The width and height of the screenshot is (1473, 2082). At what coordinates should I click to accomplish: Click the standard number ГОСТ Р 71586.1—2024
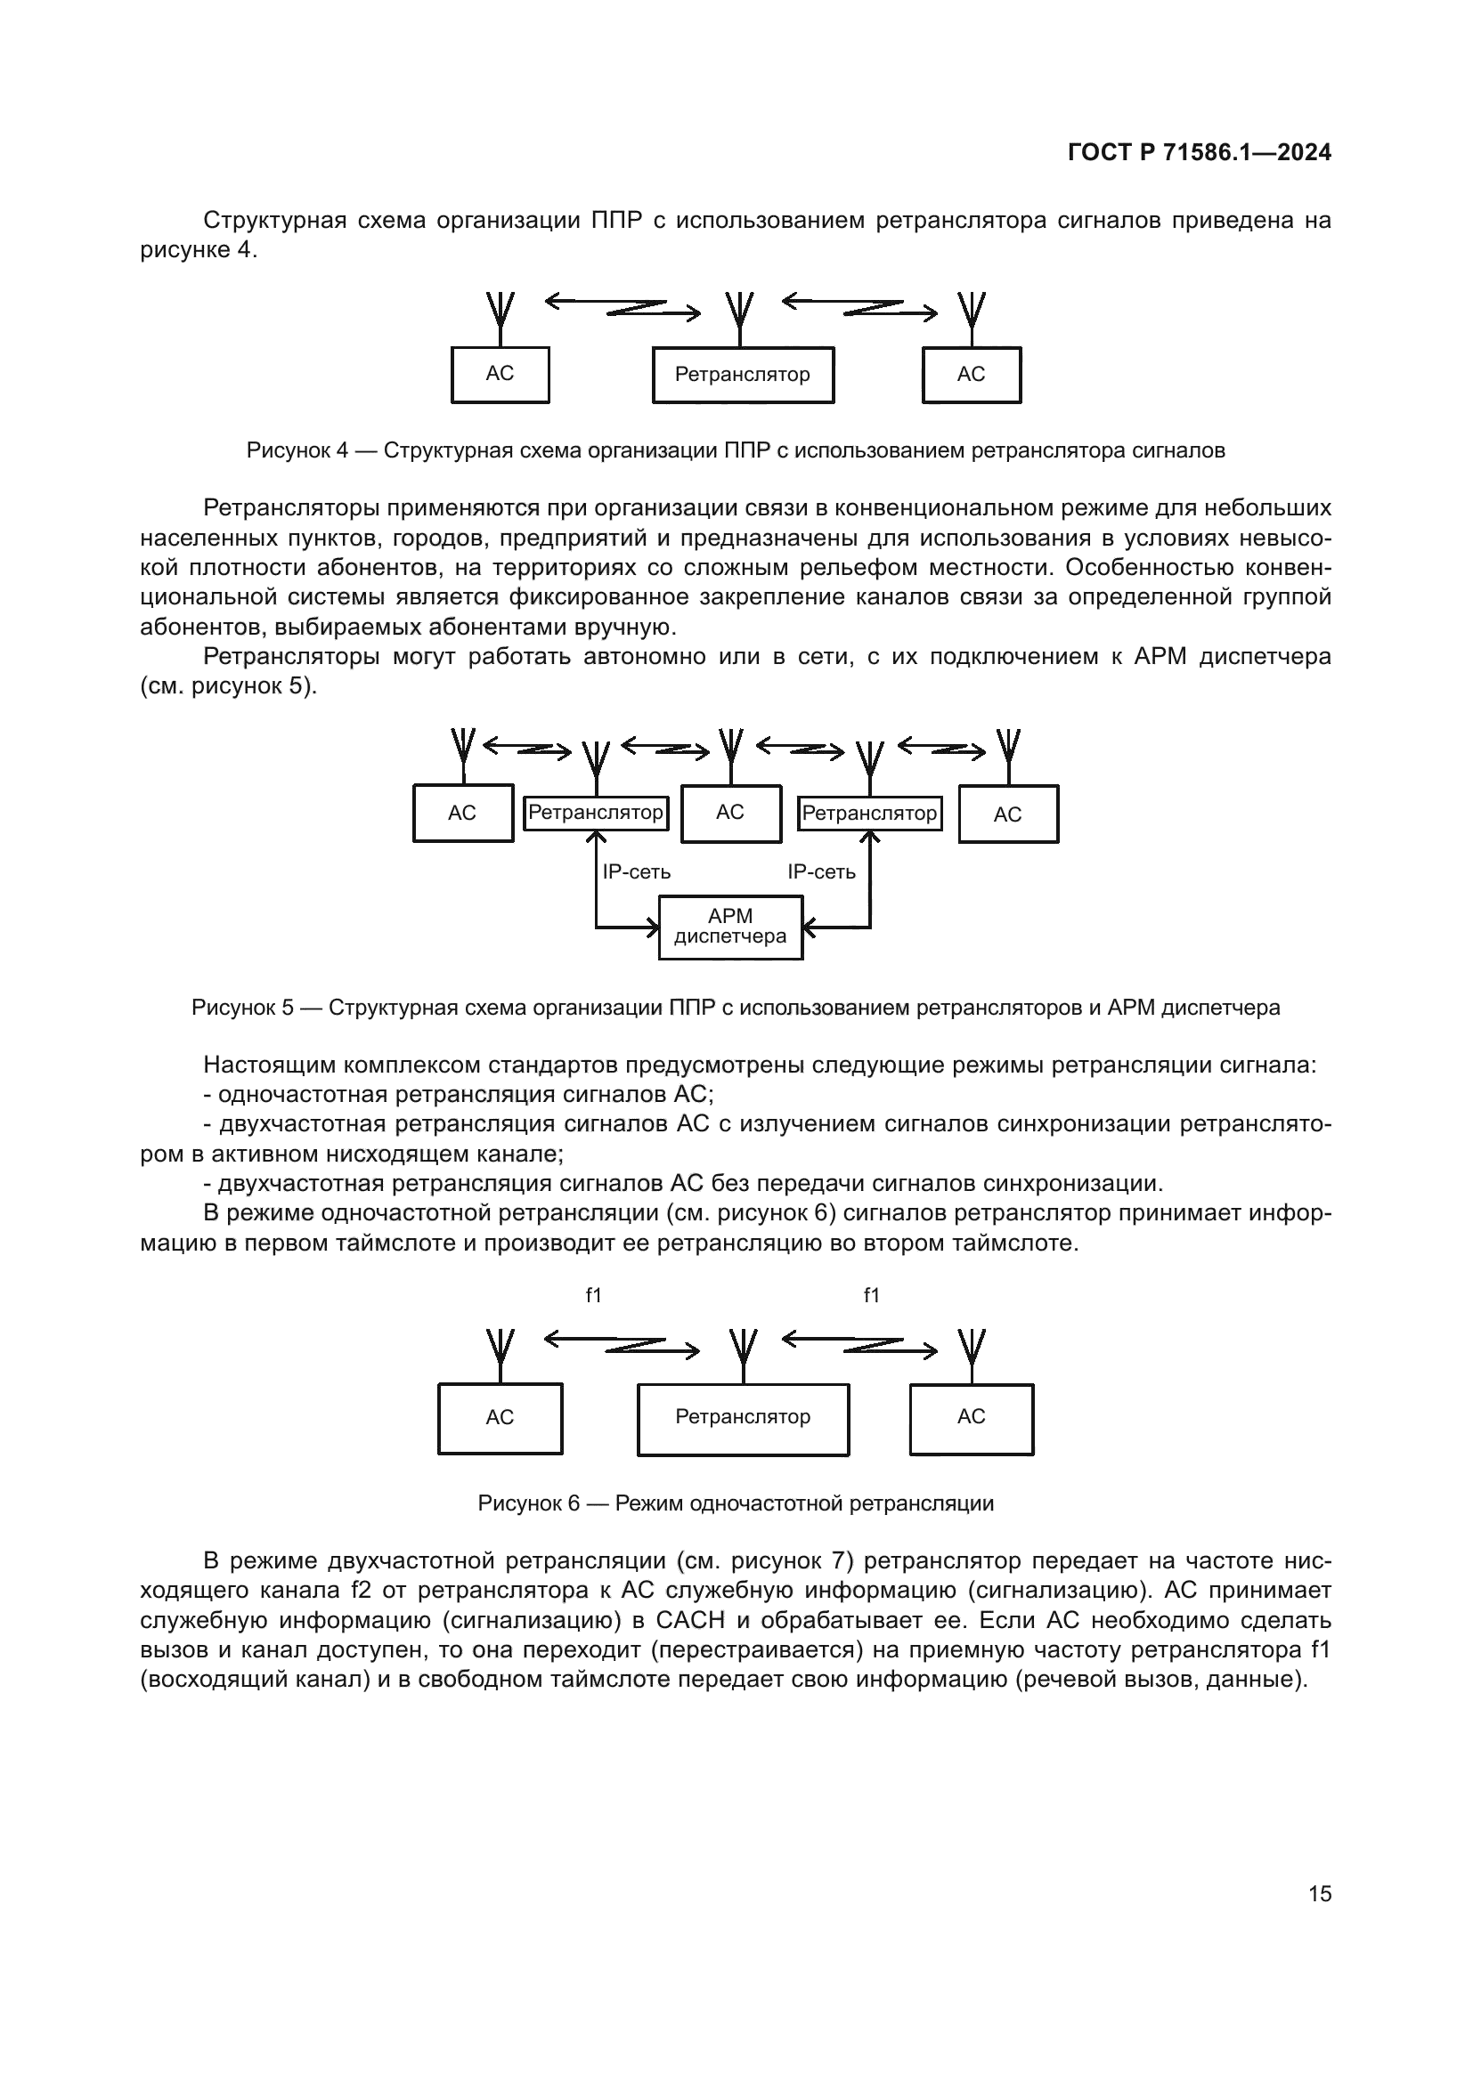click(1199, 152)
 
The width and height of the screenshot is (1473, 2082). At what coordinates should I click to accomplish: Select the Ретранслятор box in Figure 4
click(743, 375)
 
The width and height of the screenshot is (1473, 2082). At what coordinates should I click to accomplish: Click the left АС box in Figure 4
click(500, 375)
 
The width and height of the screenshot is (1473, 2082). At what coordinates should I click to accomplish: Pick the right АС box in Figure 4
click(972, 375)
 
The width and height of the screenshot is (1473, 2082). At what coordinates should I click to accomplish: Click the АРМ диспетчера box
click(730, 927)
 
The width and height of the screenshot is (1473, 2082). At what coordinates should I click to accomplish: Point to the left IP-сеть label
click(637, 871)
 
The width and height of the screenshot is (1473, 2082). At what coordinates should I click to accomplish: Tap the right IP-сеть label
click(821, 871)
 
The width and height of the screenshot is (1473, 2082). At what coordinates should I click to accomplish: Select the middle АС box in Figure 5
click(731, 814)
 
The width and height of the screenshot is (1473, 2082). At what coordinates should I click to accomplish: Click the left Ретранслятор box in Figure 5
click(596, 813)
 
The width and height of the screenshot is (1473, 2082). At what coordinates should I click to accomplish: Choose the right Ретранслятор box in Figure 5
click(869, 814)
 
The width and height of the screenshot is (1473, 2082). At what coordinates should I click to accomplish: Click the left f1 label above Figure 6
click(593, 1296)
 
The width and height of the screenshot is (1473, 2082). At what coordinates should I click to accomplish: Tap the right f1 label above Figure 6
click(871, 1296)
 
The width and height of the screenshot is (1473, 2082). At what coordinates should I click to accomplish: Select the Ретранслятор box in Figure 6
click(743, 1417)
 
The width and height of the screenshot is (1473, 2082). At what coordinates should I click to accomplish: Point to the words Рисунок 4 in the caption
click(297, 450)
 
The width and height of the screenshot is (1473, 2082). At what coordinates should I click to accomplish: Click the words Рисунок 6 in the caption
click(528, 1503)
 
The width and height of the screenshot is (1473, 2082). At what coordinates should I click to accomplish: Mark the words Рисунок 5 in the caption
click(242, 1008)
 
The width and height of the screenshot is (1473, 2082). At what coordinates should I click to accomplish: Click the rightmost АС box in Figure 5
click(1008, 814)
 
